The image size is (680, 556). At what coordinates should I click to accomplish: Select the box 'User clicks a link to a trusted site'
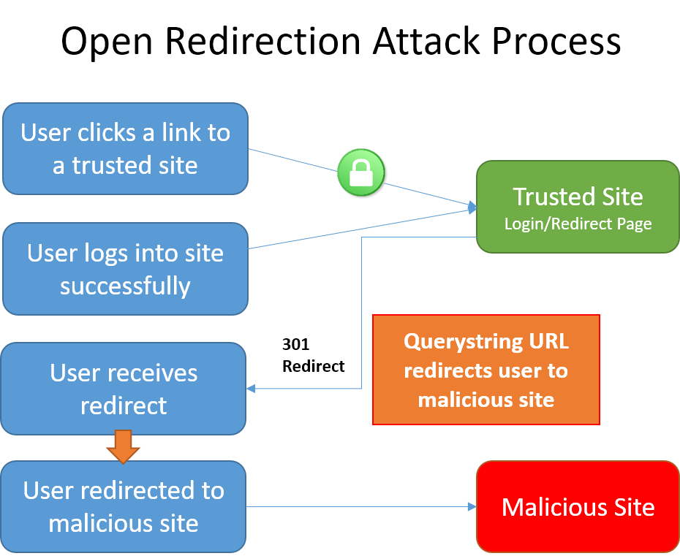pos(125,148)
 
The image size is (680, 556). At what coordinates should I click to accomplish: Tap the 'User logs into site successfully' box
pos(125,269)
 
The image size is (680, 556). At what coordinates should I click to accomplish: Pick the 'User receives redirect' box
pos(124,389)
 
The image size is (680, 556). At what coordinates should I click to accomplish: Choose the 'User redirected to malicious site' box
pos(124,506)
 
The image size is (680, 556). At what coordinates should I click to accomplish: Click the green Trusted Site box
pos(578,207)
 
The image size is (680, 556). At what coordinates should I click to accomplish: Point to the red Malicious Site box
pos(578,506)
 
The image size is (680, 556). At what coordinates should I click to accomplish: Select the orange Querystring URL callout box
pos(486,370)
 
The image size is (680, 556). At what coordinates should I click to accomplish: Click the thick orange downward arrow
pos(123,446)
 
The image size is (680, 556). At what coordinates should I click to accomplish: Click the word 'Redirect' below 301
pos(313,366)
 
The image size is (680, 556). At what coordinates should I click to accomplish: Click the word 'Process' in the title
pos(556,42)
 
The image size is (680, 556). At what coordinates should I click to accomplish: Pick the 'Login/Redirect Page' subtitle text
pos(578,224)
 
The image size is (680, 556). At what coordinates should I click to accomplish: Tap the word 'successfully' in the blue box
pos(125,286)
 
